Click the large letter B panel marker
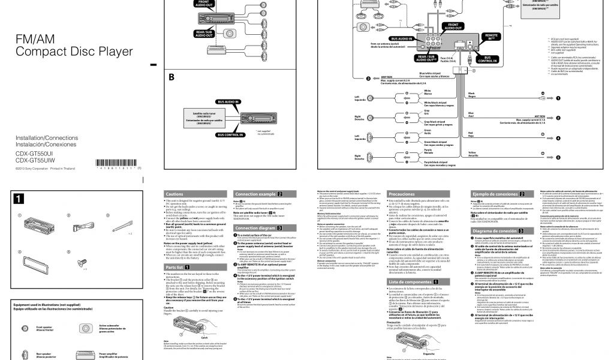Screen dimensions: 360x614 [x=171, y=77]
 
